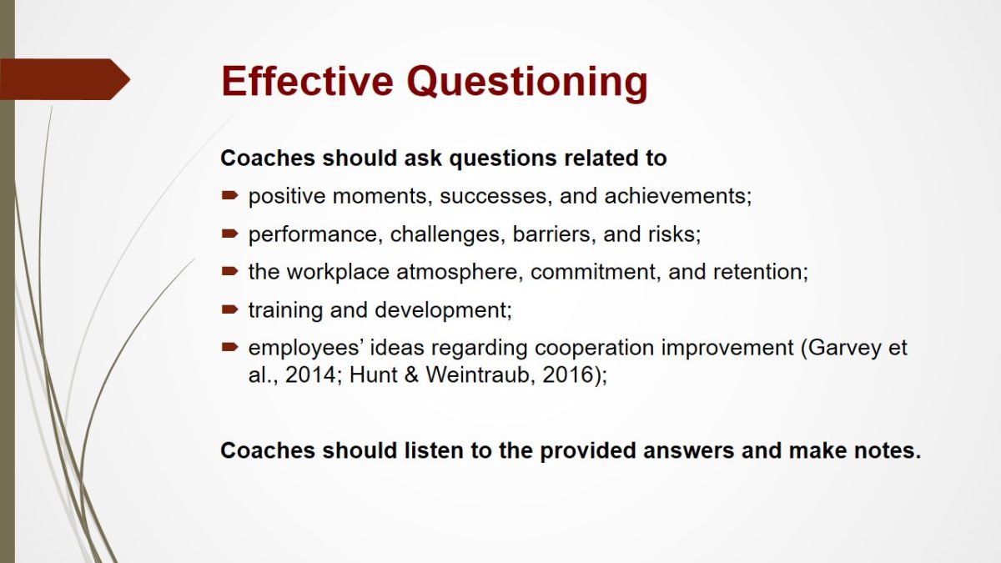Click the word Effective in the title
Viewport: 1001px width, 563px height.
pos(308,81)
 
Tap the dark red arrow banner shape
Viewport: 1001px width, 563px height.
pos(65,79)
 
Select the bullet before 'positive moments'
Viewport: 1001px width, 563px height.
pos(229,195)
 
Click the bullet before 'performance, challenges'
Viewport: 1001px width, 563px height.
pos(229,234)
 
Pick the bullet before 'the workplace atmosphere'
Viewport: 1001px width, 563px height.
pos(229,271)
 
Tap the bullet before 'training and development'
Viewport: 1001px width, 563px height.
pos(229,309)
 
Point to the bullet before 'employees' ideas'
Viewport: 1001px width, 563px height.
pos(229,347)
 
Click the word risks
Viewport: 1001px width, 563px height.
pos(674,234)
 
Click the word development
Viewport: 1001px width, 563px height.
pos(443,310)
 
